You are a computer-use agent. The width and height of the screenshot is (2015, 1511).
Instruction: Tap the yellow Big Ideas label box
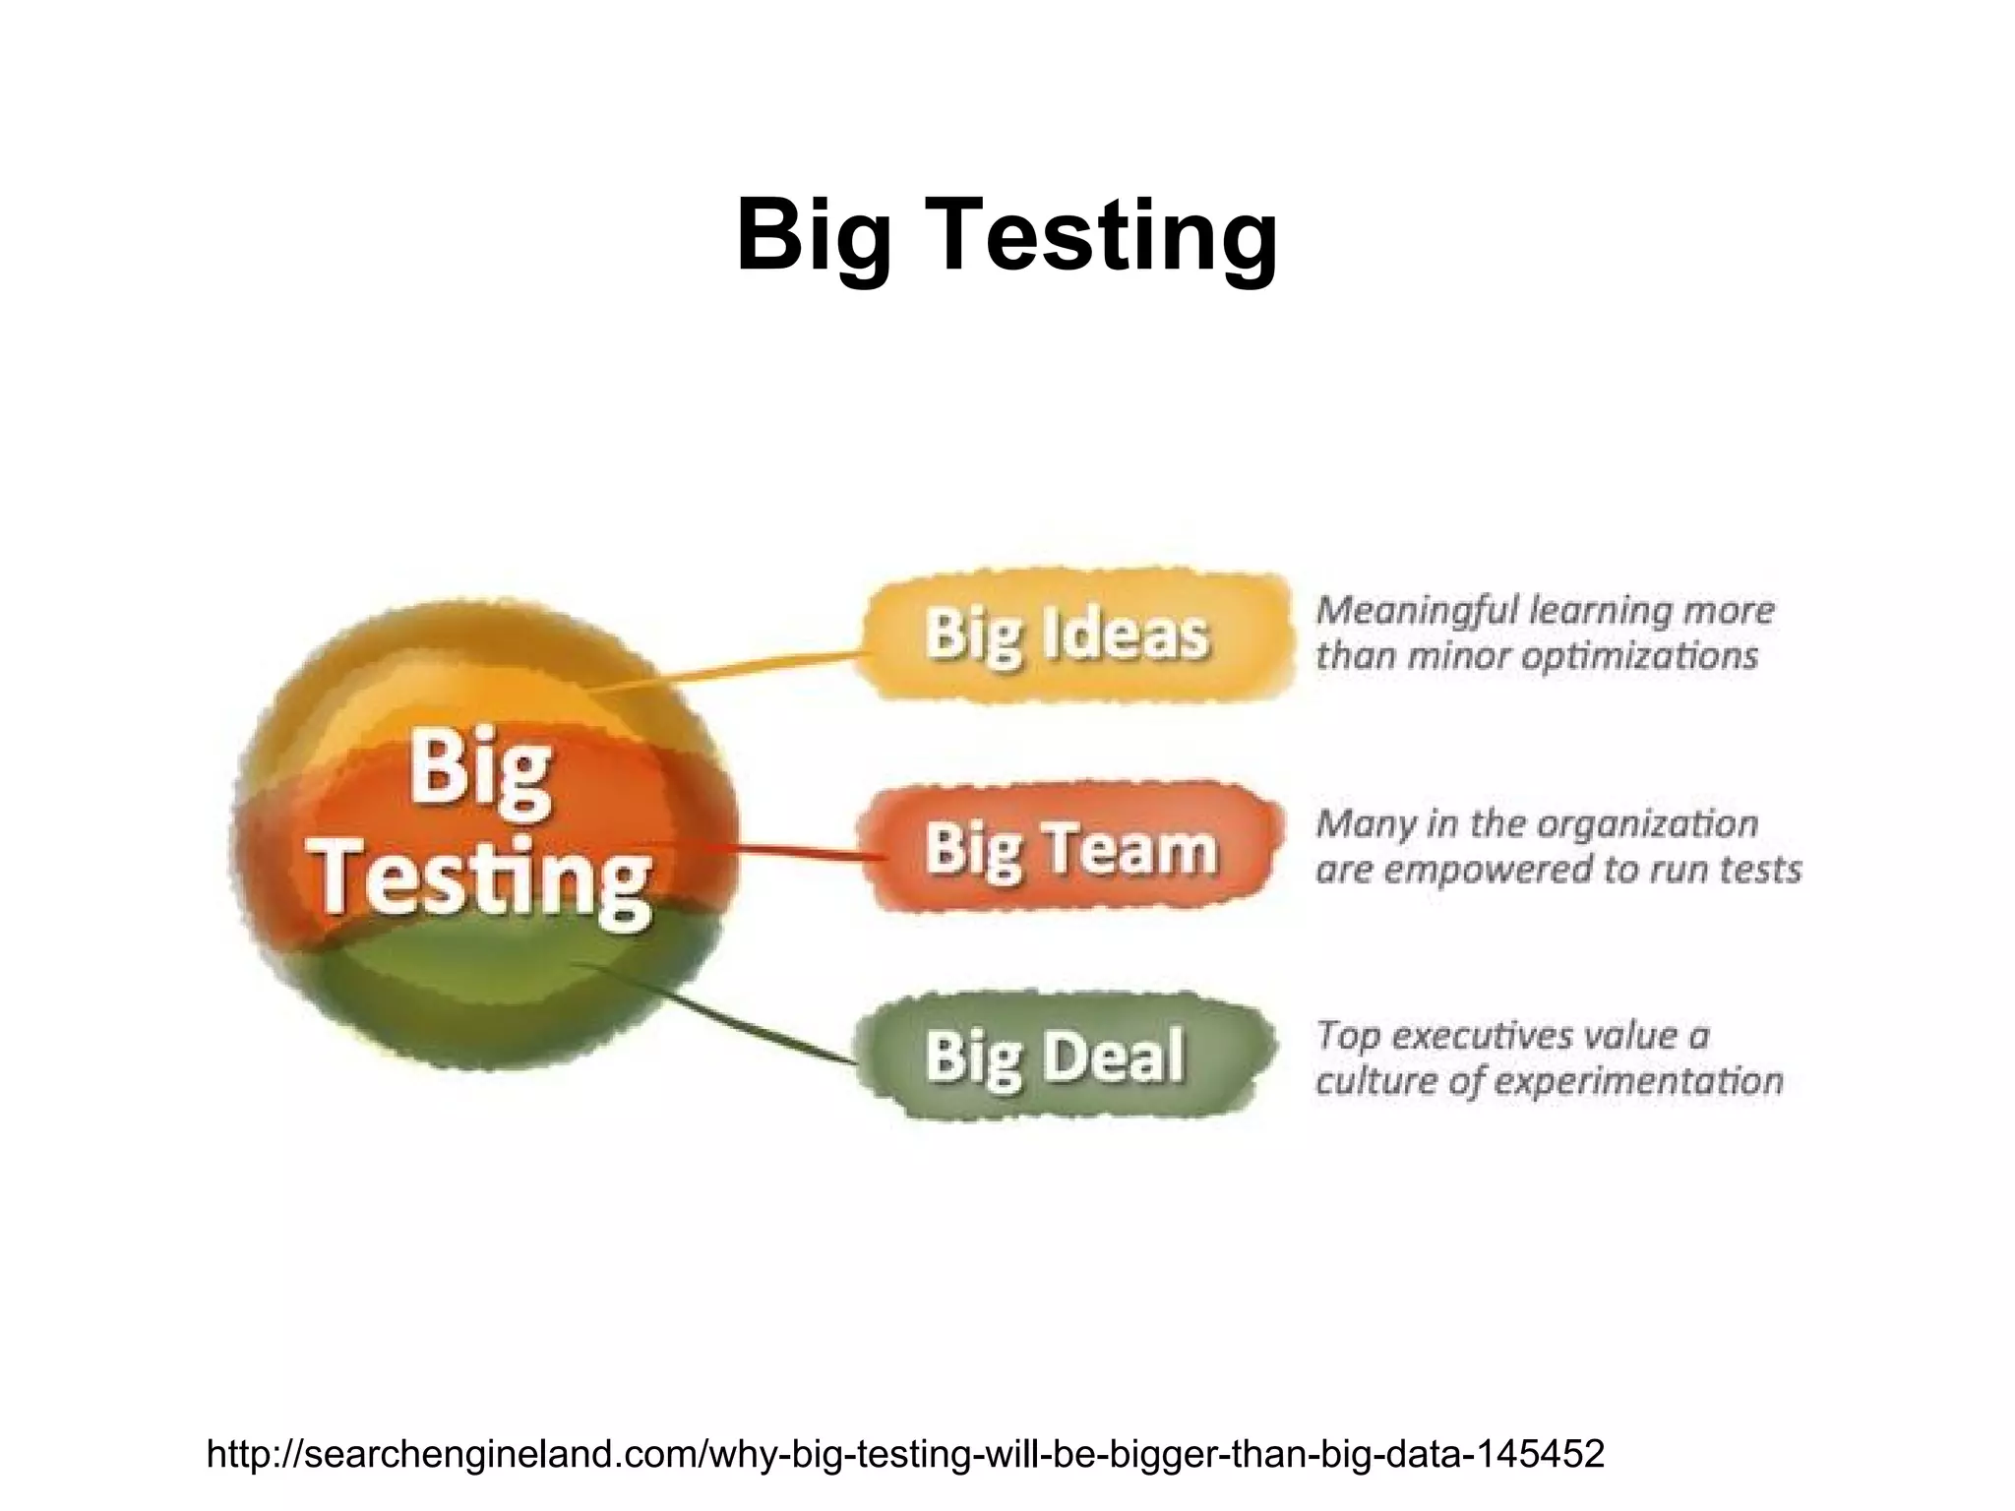click(1072, 635)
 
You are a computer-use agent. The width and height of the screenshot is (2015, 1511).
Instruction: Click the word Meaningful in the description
click(1417, 612)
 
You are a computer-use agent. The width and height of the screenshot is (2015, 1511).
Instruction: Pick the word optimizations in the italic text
click(1639, 656)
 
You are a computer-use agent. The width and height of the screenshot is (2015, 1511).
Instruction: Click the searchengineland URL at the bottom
click(905, 1452)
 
